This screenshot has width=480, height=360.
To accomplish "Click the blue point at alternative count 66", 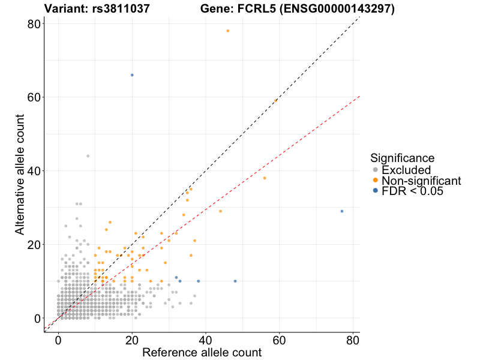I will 132,75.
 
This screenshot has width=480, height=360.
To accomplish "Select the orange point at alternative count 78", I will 227,31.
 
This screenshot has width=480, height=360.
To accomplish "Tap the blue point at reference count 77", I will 342,211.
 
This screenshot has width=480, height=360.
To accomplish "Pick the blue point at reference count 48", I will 235,281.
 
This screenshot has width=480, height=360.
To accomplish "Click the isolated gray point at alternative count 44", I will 88,156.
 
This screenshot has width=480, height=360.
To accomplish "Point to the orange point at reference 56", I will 265,178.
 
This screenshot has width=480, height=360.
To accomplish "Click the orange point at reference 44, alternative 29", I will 220,211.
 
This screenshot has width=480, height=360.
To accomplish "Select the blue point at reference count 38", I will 198,281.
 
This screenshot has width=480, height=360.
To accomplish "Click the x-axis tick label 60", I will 279,340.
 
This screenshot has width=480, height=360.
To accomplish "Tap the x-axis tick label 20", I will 132,340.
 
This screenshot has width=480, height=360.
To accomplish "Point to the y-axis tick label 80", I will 33,23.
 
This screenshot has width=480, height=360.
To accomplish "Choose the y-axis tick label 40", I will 33,171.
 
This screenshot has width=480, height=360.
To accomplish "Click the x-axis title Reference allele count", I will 202,352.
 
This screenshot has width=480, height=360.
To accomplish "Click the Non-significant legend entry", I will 421,181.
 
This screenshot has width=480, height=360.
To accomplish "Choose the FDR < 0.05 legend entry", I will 412,191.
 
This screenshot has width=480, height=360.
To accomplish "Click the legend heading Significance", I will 402,158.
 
